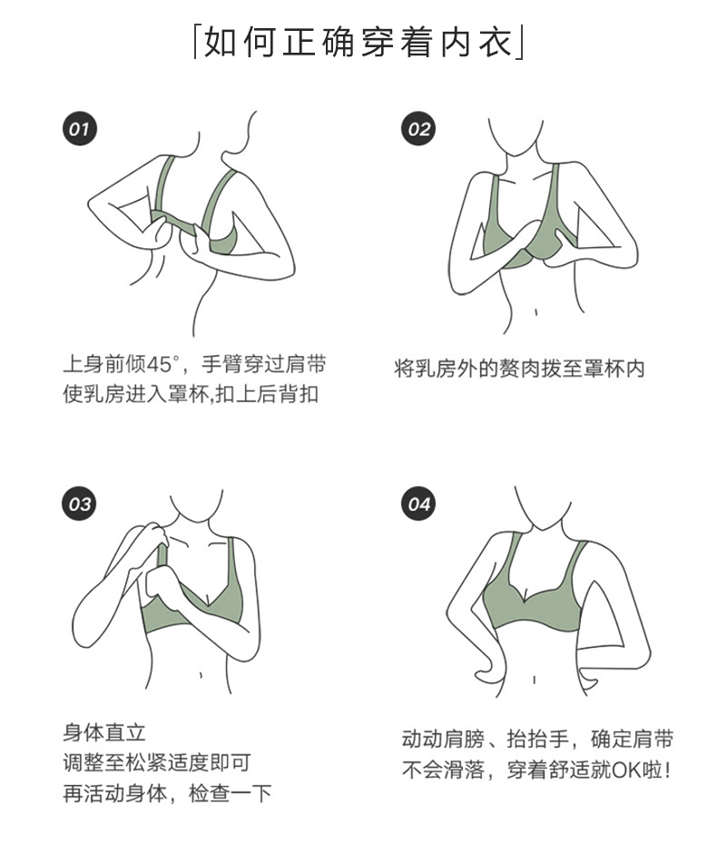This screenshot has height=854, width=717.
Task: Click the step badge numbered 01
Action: [80, 129]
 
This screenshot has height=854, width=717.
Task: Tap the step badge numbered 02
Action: [418, 129]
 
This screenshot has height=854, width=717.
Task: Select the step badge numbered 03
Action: [80, 504]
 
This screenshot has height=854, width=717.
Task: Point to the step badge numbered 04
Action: [418, 504]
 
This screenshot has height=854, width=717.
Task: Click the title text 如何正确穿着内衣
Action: [359, 42]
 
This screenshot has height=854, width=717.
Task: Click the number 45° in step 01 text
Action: [162, 364]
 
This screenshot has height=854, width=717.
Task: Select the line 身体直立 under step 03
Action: [104, 732]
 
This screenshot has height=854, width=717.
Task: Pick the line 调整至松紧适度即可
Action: [157, 763]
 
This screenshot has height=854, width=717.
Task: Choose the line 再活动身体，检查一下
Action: [167, 793]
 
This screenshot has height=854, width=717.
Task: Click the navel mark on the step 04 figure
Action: [534, 680]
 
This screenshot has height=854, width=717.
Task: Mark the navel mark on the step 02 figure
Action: [535, 313]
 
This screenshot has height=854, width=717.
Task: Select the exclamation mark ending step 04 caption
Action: [667, 770]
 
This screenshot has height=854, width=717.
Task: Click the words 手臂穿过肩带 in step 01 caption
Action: [264, 364]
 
